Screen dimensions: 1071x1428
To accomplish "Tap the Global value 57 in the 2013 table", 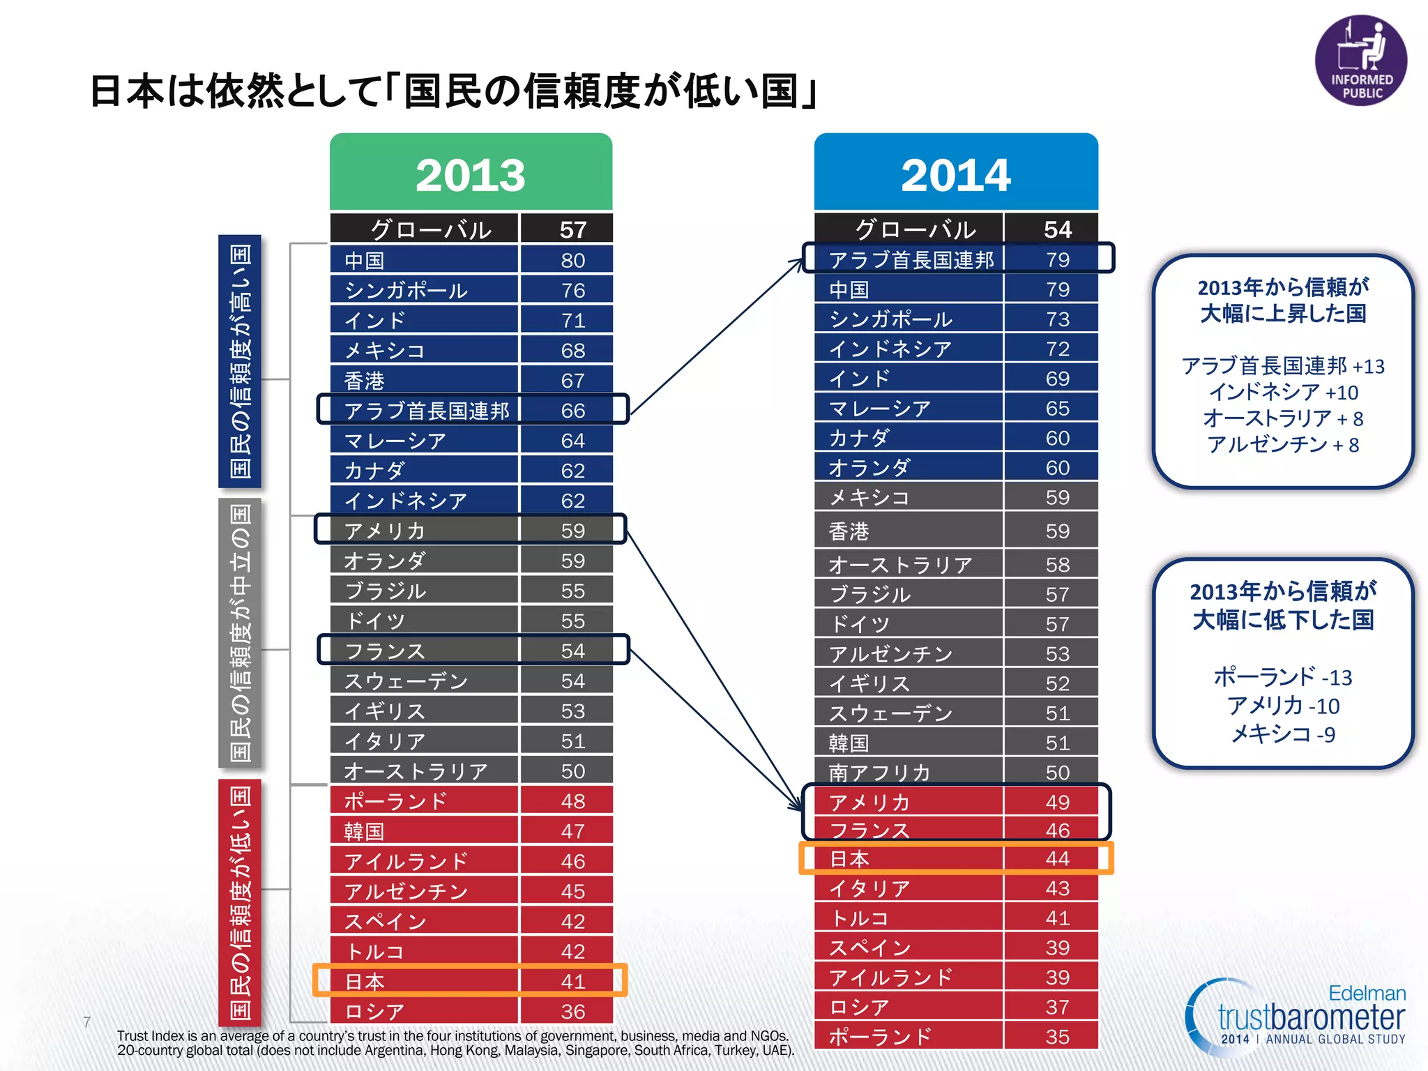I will point(572,229).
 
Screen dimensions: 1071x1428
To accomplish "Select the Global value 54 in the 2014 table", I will point(1057,229).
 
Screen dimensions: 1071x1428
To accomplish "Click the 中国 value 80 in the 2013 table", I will point(572,260).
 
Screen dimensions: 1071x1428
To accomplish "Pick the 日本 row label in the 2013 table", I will point(365,981).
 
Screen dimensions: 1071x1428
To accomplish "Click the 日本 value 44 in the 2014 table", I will point(1057,858).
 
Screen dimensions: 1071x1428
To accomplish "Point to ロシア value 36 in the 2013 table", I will point(572,1011).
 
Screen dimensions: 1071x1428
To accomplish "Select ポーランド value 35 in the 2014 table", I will point(1057,1037).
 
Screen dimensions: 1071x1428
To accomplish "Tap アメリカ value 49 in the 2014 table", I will point(1057,802).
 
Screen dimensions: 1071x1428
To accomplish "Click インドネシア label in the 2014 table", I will point(890,349).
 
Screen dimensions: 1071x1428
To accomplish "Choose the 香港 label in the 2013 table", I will point(365,381).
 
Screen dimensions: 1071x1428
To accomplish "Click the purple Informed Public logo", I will point(1360,61).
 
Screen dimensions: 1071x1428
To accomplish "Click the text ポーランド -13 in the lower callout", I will point(1282,676).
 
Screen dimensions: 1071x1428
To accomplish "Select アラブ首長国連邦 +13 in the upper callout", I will point(1282,366).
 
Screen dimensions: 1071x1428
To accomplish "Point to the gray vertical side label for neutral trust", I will point(240,632).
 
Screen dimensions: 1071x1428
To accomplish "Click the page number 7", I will point(87,1022).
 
